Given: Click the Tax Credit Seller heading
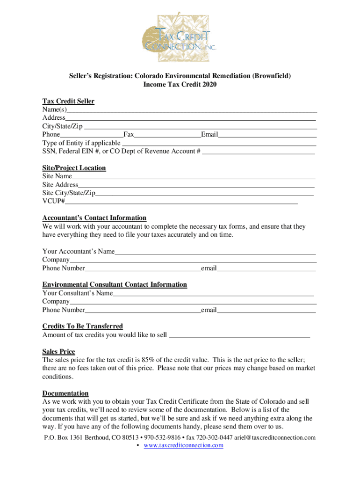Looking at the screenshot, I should point(68,101).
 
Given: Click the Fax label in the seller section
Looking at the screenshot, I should point(129,135).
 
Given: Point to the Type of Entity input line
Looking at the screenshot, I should point(218,143).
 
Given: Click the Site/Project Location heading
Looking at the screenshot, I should point(74,168).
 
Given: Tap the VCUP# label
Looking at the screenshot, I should point(53,202).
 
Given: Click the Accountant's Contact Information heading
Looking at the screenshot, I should point(94,218).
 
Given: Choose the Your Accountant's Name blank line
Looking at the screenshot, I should point(216,252).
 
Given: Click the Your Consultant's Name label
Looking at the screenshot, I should point(78,293).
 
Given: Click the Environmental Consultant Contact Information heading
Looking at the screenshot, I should point(115,284).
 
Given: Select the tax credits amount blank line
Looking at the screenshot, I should point(239,335).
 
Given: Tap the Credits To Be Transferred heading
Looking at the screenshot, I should point(82,326).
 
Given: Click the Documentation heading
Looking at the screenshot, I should point(65,393).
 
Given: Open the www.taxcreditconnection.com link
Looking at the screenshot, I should point(183,445).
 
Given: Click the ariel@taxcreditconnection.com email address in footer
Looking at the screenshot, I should point(275,437).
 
